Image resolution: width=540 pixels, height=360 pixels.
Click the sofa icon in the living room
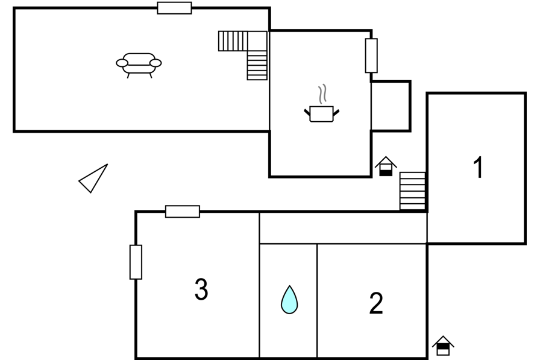point(139,65)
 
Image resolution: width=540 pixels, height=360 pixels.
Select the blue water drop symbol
point(289,300)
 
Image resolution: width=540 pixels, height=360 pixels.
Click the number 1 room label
point(478,168)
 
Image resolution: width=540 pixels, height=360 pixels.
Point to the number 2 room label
point(375,303)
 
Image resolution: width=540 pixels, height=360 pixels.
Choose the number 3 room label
point(201,289)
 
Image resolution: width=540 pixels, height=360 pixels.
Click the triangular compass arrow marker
point(93,178)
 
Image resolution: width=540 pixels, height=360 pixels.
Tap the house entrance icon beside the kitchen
point(386,166)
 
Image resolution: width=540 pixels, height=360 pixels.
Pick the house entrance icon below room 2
point(443,346)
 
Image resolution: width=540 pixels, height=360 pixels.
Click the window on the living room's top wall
point(174,8)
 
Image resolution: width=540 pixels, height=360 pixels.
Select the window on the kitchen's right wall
point(371,56)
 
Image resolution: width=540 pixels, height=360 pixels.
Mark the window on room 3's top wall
point(183,212)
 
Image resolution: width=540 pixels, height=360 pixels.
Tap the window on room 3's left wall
point(136,262)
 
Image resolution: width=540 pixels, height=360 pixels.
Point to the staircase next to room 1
point(413,191)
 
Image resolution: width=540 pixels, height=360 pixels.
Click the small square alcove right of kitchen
point(391,106)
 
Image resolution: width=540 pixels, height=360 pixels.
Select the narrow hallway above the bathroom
point(343,228)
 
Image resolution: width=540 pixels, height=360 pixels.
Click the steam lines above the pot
point(322,94)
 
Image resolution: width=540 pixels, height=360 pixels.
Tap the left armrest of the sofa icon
point(122,63)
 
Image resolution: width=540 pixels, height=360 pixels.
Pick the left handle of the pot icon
point(307,112)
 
